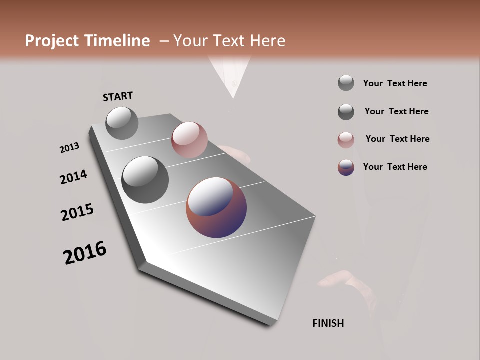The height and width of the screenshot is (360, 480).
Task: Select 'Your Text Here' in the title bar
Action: tap(229, 41)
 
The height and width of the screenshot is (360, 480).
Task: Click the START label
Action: tap(118, 96)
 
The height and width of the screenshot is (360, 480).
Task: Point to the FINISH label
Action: tap(328, 323)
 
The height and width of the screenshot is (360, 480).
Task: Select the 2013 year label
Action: tap(69, 148)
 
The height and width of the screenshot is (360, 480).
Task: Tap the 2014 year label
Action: tap(73, 177)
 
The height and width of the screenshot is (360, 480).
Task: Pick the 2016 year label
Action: tap(85, 253)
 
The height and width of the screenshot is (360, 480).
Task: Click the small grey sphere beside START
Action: tap(122, 123)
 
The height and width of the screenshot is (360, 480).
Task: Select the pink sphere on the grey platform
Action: tap(189, 140)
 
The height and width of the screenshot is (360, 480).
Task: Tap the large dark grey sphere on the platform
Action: tap(145, 179)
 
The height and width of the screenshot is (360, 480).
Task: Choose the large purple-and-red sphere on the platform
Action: tap(216, 207)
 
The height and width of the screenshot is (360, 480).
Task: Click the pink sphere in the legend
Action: tap(346, 140)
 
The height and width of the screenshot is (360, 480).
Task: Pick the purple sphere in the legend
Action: tap(346, 167)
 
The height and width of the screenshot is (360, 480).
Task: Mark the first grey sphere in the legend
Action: tap(346, 83)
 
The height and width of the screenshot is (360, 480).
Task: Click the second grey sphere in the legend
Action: tap(346, 112)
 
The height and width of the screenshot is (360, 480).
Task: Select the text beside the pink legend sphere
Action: tap(397, 139)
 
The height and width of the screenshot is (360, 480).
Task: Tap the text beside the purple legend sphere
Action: tap(395, 167)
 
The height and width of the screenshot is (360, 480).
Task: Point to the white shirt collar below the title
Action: tap(231, 75)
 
